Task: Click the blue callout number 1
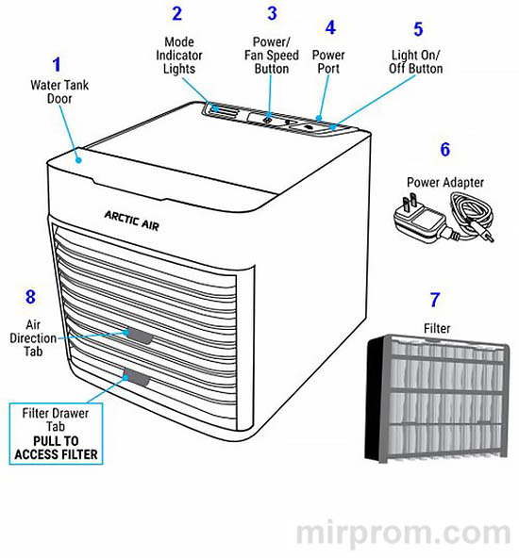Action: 57,65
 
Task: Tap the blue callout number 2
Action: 176,14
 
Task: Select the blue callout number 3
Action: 272,14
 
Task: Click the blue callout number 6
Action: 444,149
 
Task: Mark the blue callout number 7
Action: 434,301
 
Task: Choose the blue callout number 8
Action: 31,297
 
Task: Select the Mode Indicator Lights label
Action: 178,56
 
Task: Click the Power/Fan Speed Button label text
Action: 272,56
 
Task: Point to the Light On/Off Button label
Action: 415,62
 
